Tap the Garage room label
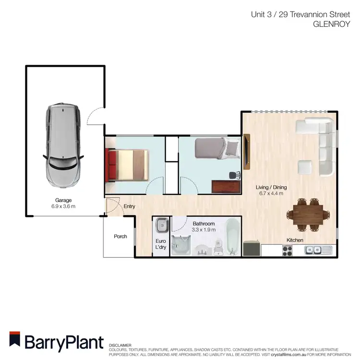click(63, 200)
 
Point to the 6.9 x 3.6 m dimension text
click(63, 206)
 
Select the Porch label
click(120, 236)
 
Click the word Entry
click(130, 206)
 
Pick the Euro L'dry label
click(160, 244)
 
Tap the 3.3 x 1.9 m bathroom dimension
click(204, 229)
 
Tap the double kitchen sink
click(316, 250)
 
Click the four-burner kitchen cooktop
click(287, 250)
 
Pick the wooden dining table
click(309, 213)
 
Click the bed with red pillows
click(127, 165)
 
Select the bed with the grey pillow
click(216, 148)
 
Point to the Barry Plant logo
click(57, 342)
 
